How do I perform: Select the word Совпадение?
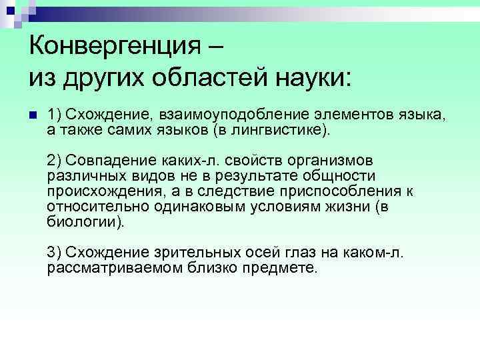tap(101, 162)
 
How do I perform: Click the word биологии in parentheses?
tap(84, 221)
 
